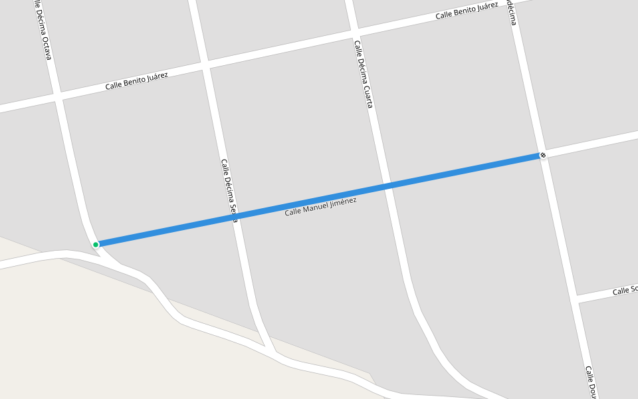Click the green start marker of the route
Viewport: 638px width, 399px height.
pyautogui.click(x=96, y=245)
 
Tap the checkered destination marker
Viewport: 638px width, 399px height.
pyautogui.click(x=543, y=156)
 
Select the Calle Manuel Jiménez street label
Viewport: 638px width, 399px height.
pyautogui.click(x=320, y=207)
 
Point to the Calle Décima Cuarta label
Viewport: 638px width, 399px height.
pyautogui.click(x=363, y=74)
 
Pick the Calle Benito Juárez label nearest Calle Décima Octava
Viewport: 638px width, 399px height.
pyautogui.click(x=136, y=82)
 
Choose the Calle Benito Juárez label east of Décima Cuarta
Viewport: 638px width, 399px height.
pyautogui.click(x=467, y=11)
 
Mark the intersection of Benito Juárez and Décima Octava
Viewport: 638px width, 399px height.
pyautogui.click(x=58, y=97)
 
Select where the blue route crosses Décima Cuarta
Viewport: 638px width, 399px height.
pyautogui.click(x=387, y=186)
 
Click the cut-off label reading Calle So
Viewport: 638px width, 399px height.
pyautogui.click(x=625, y=291)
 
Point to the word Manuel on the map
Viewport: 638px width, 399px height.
pyautogui.click(x=310, y=209)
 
